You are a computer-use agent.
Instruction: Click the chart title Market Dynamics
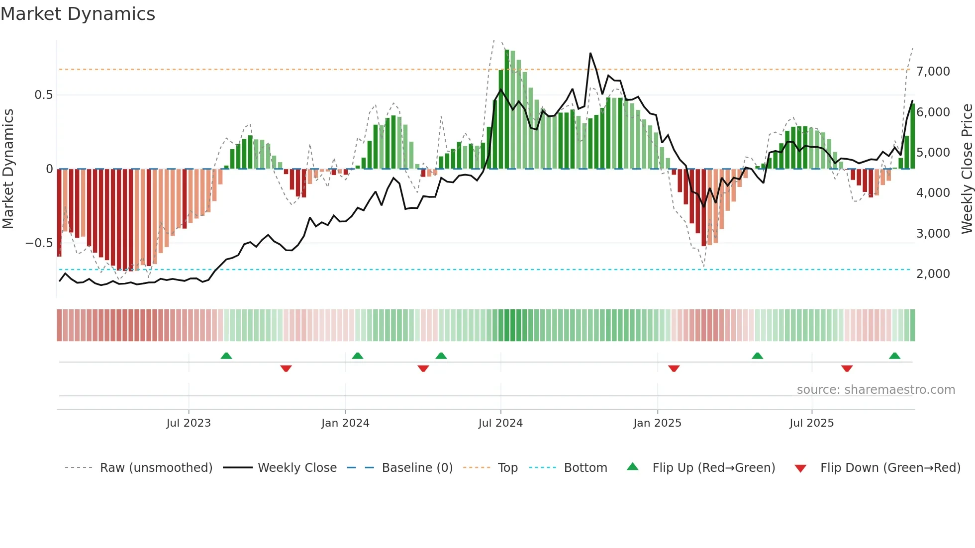coord(78,14)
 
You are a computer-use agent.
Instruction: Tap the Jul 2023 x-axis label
coord(189,423)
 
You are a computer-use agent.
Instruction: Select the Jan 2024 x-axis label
coord(345,423)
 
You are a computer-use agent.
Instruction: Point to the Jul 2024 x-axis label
coord(500,423)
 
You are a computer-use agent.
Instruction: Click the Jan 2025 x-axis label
coord(657,423)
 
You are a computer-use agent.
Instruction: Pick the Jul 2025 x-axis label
coord(811,423)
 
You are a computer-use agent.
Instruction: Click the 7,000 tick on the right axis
coord(933,72)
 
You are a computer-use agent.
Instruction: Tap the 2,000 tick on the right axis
coord(933,274)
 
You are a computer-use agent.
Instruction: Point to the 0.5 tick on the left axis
coord(43,95)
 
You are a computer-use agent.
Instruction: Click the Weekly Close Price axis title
coord(967,169)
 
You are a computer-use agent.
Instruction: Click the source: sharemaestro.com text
coord(876,390)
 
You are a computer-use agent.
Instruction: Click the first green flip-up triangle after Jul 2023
coord(226,356)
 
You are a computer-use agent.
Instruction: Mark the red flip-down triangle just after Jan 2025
coord(674,368)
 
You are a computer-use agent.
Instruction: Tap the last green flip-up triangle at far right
coord(894,356)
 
